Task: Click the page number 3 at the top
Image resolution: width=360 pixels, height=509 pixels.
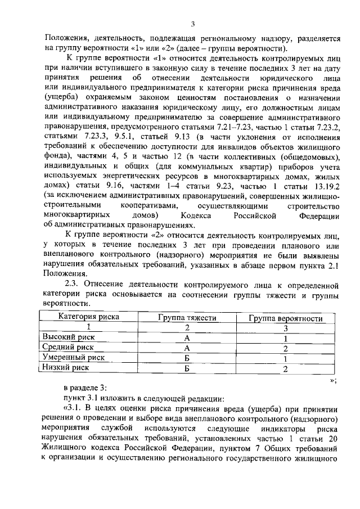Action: (192, 24)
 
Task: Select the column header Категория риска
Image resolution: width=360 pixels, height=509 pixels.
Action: (89, 317)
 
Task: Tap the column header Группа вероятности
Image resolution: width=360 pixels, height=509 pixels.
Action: (286, 318)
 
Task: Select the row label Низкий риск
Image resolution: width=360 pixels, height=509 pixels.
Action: (67, 368)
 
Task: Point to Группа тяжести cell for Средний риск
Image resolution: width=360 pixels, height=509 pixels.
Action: (187, 348)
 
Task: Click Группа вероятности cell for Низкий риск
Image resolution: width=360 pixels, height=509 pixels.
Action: (286, 368)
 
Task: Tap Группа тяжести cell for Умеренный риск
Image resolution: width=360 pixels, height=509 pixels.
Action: (187, 358)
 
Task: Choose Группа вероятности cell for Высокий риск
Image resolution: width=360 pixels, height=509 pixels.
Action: (286, 338)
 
